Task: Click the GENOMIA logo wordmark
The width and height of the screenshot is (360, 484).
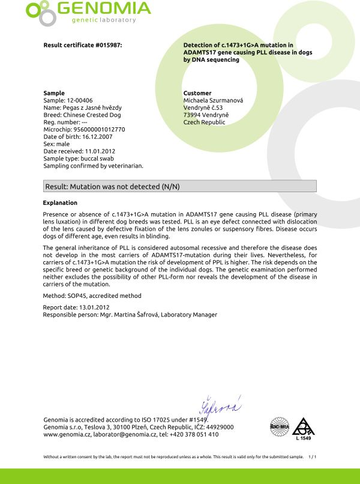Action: coord(103,9)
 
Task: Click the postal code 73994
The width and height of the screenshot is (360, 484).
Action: coord(193,115)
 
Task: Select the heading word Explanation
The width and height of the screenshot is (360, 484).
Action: coord(60,202)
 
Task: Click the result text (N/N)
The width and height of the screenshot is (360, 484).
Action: coord(170,187)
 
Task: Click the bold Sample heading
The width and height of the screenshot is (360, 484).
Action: coord(54,93)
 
